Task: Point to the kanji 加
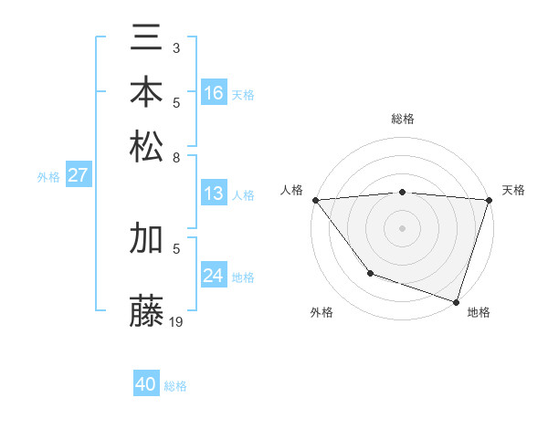coord(147,239)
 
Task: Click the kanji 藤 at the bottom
coord(147,311)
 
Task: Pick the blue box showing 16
coord(214,93)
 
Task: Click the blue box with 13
coord(214,194)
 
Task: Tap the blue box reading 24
coord(214,276)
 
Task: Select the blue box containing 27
coord(78,176)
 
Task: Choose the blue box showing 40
coord(146,384)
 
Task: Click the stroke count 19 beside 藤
coord(176,320)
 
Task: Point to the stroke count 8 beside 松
coord(175,156)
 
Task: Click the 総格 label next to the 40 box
coord(175,386)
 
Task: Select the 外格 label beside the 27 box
coord(47,177)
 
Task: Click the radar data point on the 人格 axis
coord(315,200)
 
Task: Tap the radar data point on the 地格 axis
coord(456,301)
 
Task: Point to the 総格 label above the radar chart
coord(402,119)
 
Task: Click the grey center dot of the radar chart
coord(402,227)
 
